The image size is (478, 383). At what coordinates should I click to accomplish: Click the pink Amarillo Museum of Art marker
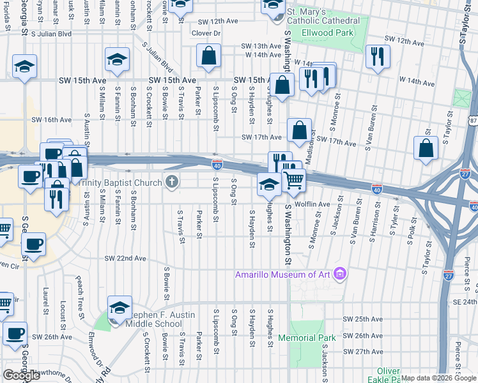pos(340,274)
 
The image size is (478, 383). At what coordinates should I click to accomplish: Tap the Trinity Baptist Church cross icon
pos(171,183)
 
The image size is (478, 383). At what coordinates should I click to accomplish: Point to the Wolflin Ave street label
pos(312,204)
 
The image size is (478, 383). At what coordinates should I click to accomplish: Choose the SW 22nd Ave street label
pos(126,259)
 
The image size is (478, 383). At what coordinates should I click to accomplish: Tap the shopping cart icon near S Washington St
pos(294,181)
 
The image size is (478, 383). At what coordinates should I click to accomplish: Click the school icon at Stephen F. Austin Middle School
pos(119,308)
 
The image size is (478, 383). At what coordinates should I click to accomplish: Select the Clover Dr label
pos(206,33)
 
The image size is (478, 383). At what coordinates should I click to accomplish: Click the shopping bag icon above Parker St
pos(208,56)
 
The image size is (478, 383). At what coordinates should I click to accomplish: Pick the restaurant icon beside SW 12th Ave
pos(378,56)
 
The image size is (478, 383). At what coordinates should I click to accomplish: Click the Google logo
pos(21,375)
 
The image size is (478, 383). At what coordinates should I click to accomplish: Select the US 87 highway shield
pos(472,121)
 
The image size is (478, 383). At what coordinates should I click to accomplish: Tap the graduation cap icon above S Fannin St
pos(118,60)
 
